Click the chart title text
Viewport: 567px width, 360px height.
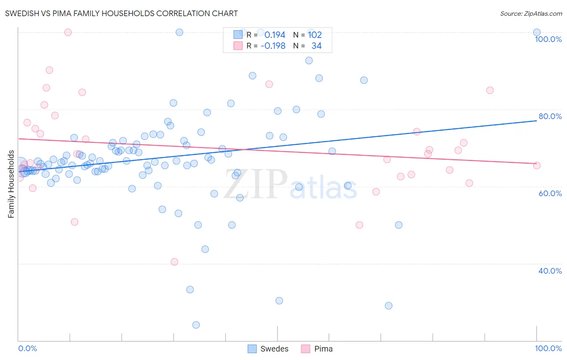click(121, 13)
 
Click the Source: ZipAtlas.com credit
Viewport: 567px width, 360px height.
click(531, 13)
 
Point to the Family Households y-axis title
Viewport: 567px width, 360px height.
click(11, 184)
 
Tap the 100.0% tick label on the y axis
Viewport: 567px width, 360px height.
click(548, 39)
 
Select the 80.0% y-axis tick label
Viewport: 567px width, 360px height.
click(550, 116)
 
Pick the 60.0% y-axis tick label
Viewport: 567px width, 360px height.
click(550, 193)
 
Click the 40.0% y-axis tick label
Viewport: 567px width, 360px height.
click(550, 271)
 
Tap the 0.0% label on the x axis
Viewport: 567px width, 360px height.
click(27, 348)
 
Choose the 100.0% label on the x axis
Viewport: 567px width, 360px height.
click(548, 348)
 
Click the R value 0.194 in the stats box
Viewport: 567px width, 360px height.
click(275, 35)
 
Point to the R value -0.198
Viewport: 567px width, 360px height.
click(273, 46)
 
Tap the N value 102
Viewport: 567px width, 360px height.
click(315, 35)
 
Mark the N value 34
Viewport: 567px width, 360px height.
click(316, 46)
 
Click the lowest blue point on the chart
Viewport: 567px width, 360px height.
click(196, 325)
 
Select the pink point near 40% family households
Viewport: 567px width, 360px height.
click(174, 262)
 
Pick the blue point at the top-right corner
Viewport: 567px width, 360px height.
click(537, 32)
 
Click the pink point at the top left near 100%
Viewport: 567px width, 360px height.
click(68, 32)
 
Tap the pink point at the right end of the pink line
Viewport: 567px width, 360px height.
click(537, 165)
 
